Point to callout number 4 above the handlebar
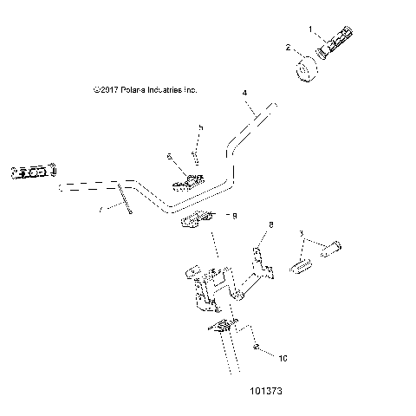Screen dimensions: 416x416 (x=244, y=93)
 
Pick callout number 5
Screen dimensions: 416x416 (x=200, y=128)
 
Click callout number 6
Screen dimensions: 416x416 (x=170, y=157)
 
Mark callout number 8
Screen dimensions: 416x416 (x=270, y=224)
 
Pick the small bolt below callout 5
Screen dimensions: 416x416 (x=196, y=157)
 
